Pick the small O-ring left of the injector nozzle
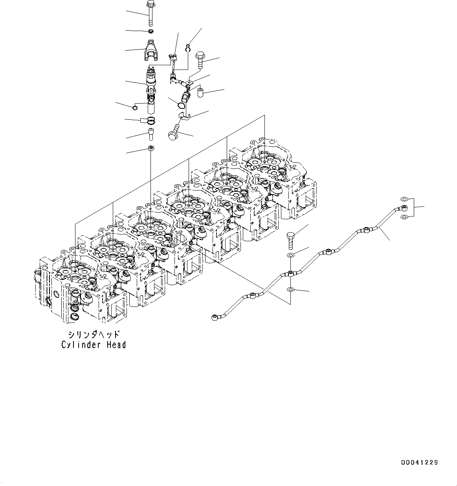pyautogui.click(x=135, y=108)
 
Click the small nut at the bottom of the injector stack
pyautogui.click(x=151, y=148)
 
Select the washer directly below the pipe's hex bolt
pyautogui.click(x=290, y=256)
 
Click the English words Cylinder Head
pyautogui.click(x=94, y=345)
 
